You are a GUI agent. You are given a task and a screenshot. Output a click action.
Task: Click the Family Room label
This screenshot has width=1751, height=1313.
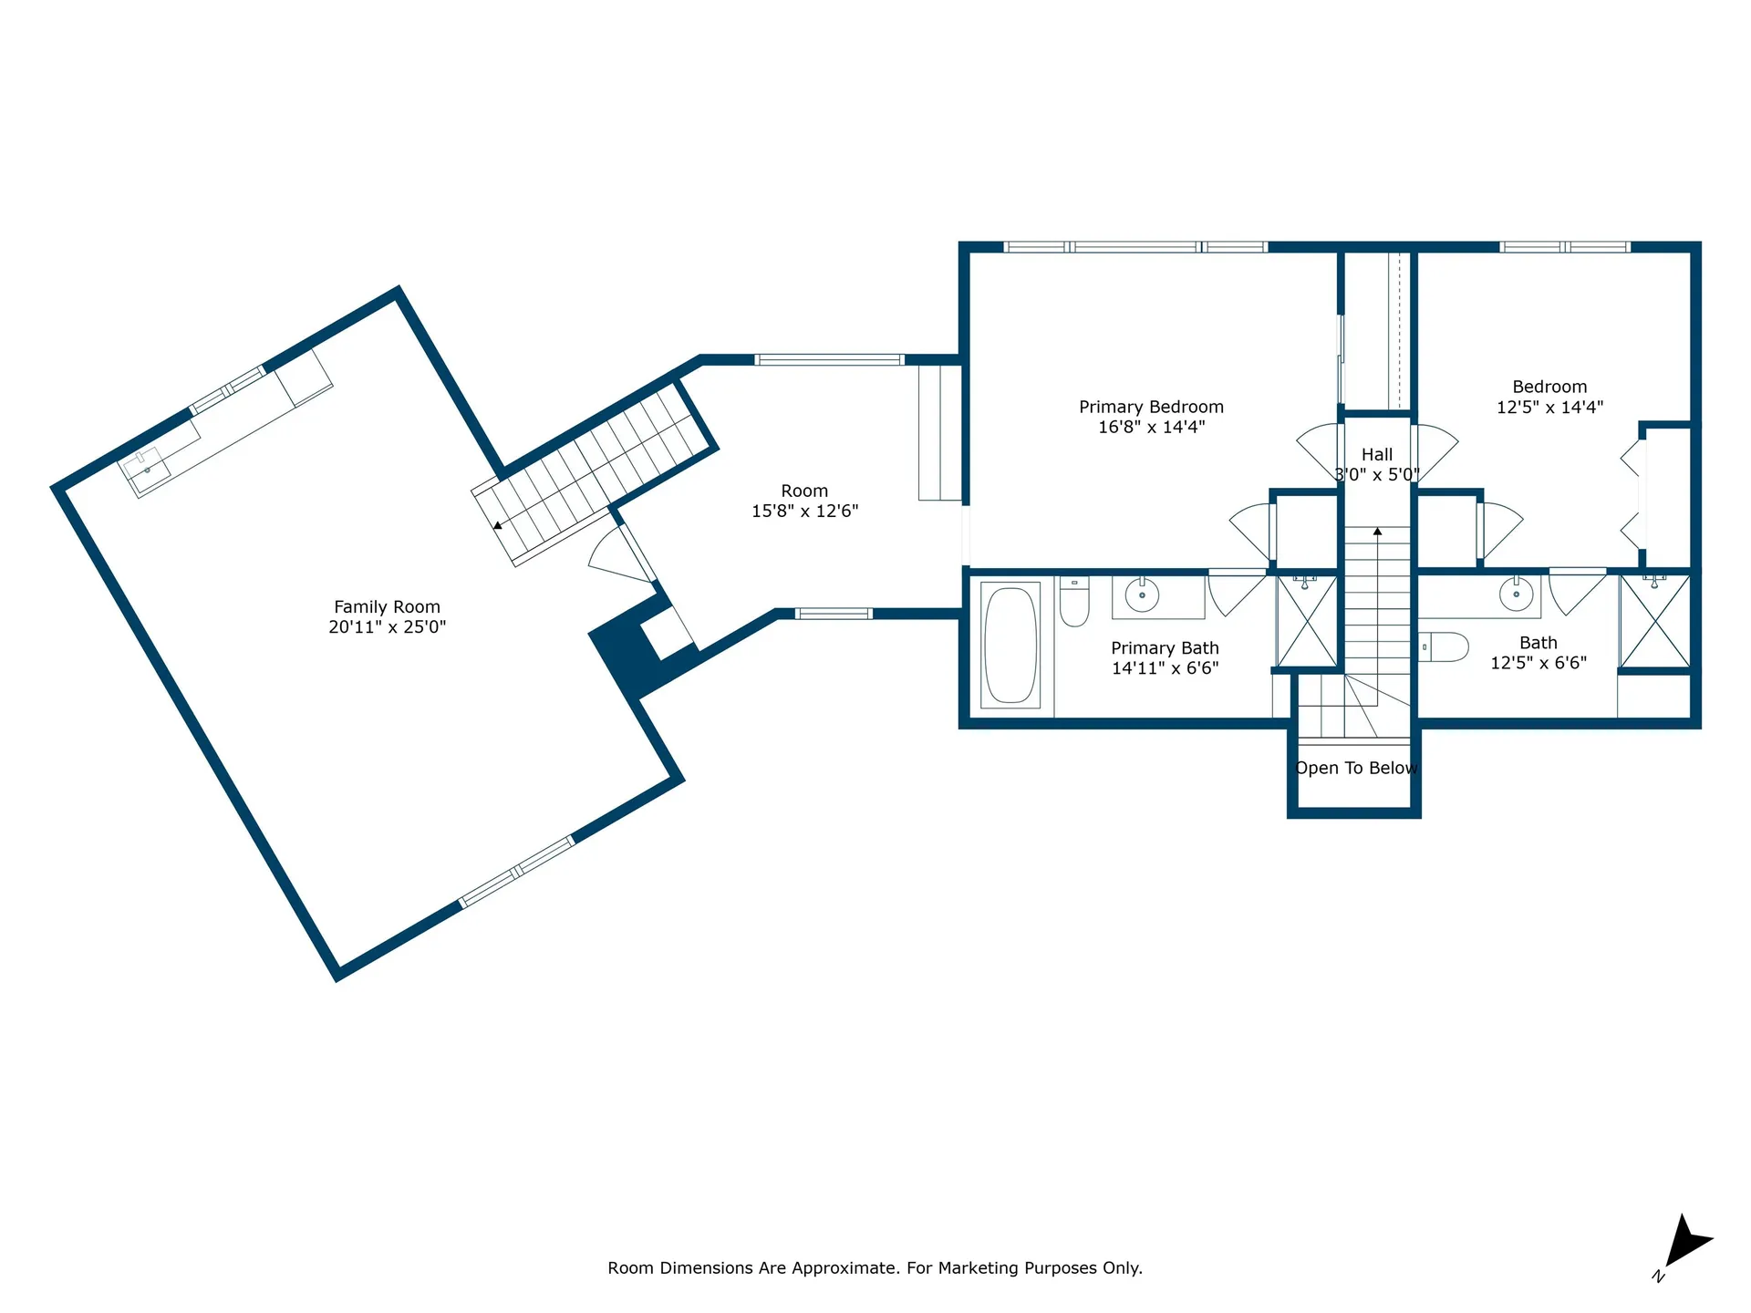pyautogui.click(x=387, y=607)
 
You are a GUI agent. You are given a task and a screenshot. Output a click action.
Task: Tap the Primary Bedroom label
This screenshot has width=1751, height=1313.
pyautogui.click(x=1151, y=407)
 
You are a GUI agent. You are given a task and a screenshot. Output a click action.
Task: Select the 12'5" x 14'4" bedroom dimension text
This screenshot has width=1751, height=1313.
pyautogui.click(x=1549, y=408)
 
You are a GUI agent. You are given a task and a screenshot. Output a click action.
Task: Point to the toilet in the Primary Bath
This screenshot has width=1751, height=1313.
pyautogui.click(x=1074, y=601)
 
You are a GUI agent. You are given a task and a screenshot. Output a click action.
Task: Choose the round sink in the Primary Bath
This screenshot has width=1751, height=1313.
pyautogui.click(x=1142, y=595)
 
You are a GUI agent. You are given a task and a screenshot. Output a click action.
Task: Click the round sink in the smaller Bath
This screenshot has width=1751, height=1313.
pyautogui.click(x=1516, y=594)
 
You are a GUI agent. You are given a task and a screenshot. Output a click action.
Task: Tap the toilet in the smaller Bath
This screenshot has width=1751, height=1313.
pyautogui.click(x=1444, y=646)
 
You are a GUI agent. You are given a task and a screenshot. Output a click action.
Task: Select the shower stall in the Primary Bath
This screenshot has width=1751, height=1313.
pyautogui.click(x=1308, y=621)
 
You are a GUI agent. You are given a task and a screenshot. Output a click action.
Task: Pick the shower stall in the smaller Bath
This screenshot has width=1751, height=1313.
pyautogui.click(x=1655, y=621)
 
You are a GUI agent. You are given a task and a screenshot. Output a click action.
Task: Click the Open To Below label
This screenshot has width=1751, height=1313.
pyautogui.click(x=1356, y=768)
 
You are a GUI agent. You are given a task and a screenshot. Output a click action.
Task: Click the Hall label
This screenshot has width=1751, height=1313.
pyautogui.click(x=1377, y=454)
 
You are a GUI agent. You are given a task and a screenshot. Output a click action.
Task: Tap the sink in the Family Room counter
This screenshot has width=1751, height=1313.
pyautogui.click(x=147, y=469)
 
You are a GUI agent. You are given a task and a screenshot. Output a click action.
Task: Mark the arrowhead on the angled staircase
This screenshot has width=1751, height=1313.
pyautogui.click(x=497, y=525)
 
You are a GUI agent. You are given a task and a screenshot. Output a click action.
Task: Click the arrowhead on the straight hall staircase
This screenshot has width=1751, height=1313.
pyautogui.click(x=1377, y=531)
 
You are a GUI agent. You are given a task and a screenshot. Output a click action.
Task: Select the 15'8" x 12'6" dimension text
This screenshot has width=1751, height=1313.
pyautogui.click(x=804, y=512)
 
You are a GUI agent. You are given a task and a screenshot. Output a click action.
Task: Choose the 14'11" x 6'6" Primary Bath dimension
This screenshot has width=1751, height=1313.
pyautogui.click(x=1165, y=668)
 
